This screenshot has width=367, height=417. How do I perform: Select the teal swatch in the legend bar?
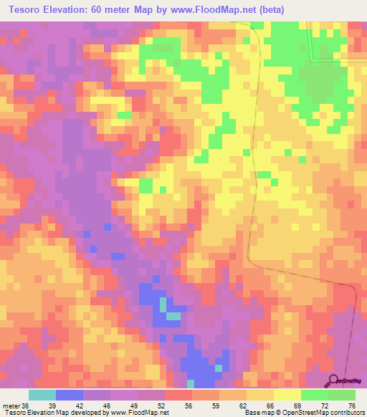point(42,395)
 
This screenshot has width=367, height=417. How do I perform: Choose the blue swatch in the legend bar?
point(70,395)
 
